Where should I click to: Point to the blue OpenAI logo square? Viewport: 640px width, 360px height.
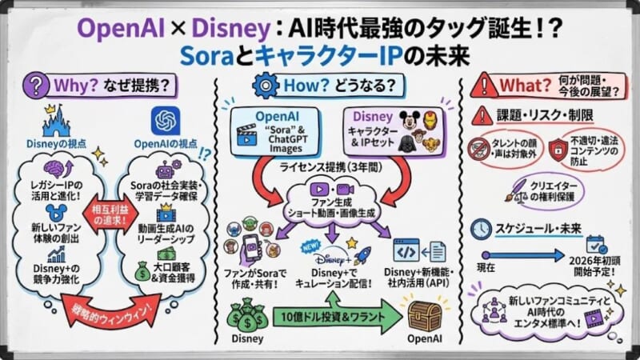pos(166,121)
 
